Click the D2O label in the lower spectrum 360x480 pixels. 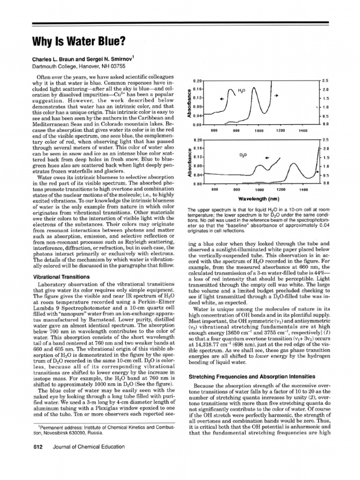pyautogui.click(x=243, y=154)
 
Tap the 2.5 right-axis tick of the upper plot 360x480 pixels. pyautogui.click(x=326, y=81)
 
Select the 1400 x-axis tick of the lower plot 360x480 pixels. pyautogui.click(x=303, y=190)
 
